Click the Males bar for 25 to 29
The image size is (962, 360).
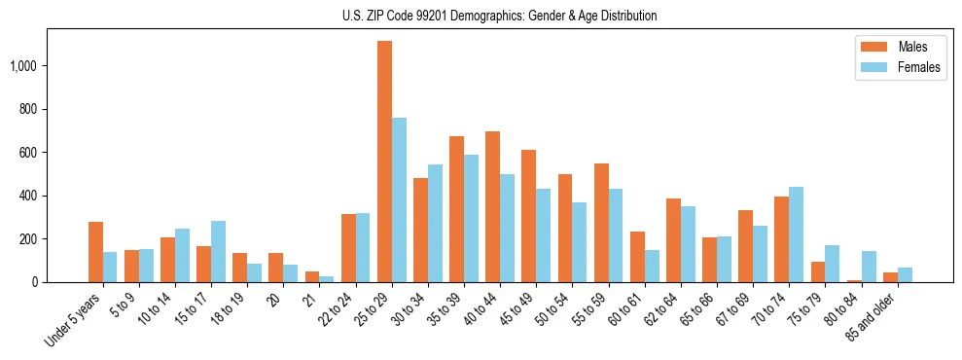tap(385, 162)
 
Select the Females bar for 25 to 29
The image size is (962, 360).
tap(400, 199)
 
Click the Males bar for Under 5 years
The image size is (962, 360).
tap(95, 252)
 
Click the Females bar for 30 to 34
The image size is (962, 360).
tap(436, 223)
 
